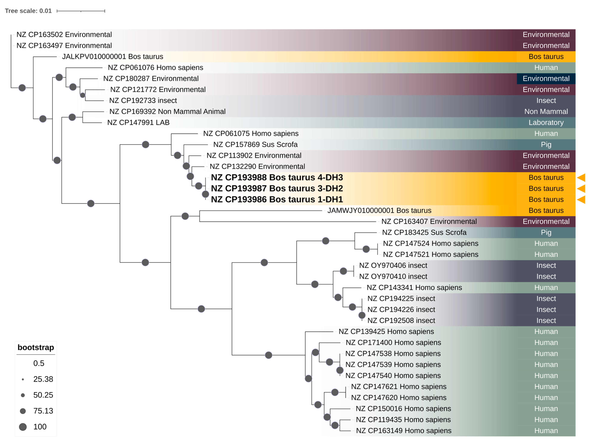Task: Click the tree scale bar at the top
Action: coord(81,11)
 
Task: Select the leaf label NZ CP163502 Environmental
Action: coord(64,34)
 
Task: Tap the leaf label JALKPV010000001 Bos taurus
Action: coord(113,57)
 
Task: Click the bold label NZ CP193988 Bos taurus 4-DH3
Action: coord(277,177)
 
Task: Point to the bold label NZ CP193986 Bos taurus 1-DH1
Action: coord(277,199)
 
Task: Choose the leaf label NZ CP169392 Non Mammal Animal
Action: coord(167,111)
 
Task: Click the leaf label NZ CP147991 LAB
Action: coord(138,122)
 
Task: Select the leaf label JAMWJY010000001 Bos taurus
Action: coord(379,211)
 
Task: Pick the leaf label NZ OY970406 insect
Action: coord(393,265)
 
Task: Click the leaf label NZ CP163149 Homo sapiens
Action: coord(403,431)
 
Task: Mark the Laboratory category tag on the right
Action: coord(546,122)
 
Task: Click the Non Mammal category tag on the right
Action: coord(546,111)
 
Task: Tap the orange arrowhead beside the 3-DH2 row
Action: coord(581,188)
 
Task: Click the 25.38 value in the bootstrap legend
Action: coord(43,379)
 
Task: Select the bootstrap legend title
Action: coord(36,347)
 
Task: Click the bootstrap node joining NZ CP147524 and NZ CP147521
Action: coord(366,249)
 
